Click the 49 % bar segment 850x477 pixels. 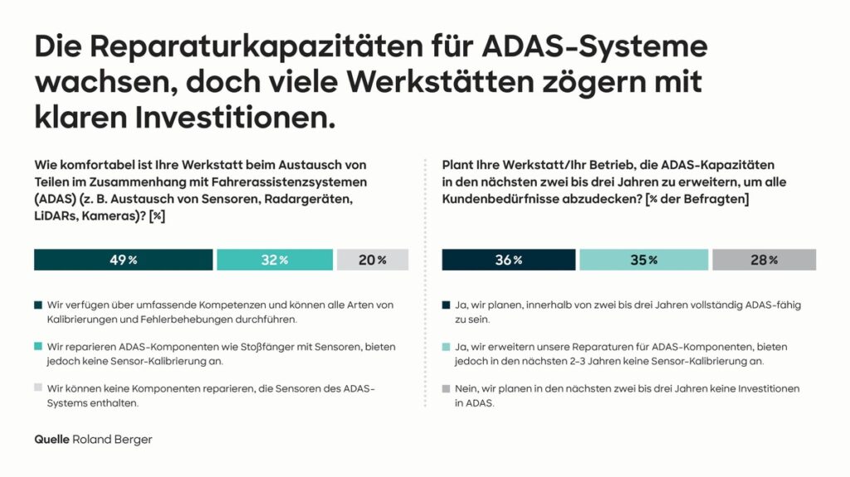coord(123,260)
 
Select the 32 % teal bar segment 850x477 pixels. coord(275,260)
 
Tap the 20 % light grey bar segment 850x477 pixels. coord(373,260)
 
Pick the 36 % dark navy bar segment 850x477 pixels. coord(508,260)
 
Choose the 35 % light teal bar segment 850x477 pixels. coord(643,260)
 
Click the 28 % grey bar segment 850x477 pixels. coord(764,260)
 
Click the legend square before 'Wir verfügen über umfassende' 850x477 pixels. coord(37,304)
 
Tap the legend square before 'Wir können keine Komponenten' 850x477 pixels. coord(37,387)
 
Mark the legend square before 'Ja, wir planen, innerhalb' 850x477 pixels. coord(446,304)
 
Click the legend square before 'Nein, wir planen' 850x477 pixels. coord(446,387)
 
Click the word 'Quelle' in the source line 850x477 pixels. coord(51,440)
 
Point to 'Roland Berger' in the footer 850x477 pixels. coord(112,440)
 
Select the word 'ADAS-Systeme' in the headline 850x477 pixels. coord(615,46)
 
